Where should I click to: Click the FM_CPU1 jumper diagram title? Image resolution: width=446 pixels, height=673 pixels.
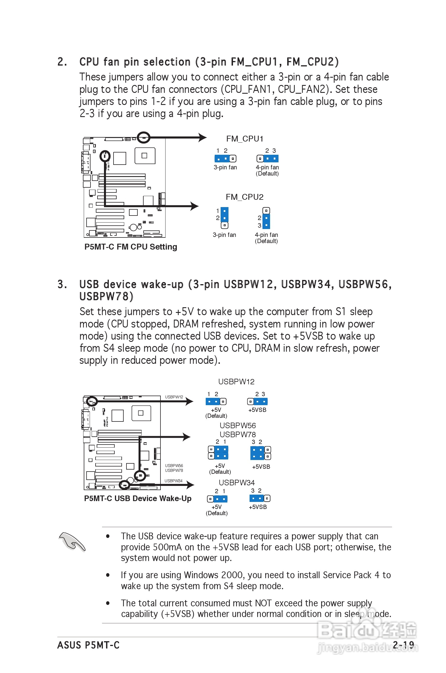(x=244, y=139)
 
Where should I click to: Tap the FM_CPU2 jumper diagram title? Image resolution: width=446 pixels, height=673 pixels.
(x=244, y=197)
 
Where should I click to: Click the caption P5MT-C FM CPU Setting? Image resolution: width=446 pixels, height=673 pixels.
(x=131, y=247)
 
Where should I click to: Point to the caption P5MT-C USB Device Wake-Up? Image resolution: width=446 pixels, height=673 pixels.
(x=138, y=499)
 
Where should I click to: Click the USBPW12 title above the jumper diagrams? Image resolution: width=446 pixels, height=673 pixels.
(x=236, y=382)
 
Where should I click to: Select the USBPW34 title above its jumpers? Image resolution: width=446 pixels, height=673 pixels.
(x=237, y=483)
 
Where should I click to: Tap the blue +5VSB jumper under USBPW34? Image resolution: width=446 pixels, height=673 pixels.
(x=257, y=499)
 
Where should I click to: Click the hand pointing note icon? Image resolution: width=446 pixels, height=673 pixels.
(x=72, y=542)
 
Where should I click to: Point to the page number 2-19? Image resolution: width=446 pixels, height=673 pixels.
(x=403, y=645)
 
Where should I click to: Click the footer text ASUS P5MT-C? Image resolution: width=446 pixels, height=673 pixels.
(x=88, y=645)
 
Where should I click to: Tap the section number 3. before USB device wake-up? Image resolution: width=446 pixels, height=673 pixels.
(x=62, y=284)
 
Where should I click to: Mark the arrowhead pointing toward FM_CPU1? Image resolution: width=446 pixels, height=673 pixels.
(x=203, y=138)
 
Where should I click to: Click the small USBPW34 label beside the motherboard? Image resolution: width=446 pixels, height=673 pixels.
(x=173, y=481)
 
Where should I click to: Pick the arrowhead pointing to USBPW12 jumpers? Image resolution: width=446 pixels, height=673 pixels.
(x=189, y=401)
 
